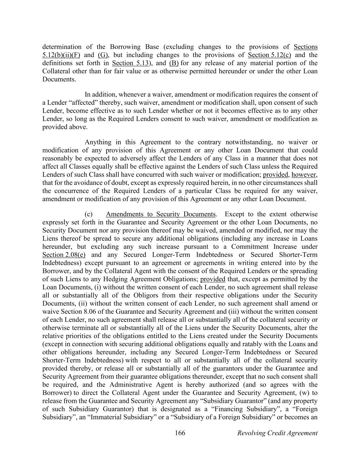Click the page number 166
coord(180,433)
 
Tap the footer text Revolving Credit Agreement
coord(277,433)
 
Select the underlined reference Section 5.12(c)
coord(269,55)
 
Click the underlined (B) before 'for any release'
coord(174,63)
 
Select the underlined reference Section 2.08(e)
coord(64,255)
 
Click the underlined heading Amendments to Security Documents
coord(161,214)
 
